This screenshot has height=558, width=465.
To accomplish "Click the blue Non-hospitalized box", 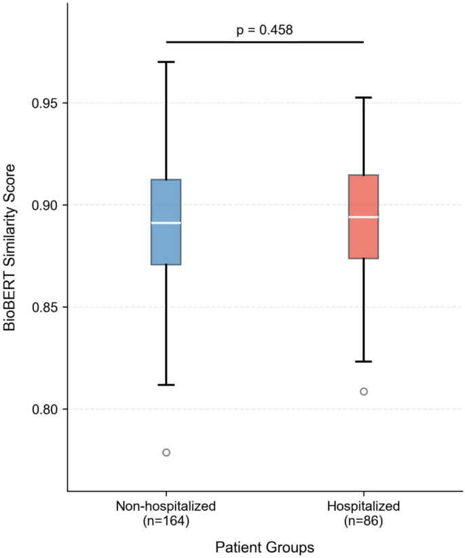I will [166, 244].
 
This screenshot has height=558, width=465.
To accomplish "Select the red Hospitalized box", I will [363, 237].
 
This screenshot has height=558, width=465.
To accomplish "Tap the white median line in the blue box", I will [166, 222].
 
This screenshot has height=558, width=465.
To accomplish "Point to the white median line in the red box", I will [363, 217].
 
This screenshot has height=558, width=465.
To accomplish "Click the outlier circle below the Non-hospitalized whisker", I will [166, 452].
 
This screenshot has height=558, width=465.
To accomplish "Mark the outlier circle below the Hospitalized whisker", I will [363, 391].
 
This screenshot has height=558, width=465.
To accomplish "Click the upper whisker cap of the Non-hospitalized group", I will [166, 62].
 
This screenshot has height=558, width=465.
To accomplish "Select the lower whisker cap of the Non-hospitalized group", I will [166, 385].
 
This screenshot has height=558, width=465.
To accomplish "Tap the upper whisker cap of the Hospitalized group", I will [363, 98].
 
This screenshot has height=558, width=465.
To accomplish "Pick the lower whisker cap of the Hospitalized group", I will [363, 361].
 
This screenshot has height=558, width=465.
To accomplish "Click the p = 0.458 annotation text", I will [265, 29].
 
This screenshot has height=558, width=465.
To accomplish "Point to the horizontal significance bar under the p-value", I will [265, 42].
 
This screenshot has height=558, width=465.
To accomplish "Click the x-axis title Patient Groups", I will [265, 546].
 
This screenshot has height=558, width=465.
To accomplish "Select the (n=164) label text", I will [166, 521].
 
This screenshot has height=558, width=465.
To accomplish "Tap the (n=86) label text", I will [363, 521].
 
